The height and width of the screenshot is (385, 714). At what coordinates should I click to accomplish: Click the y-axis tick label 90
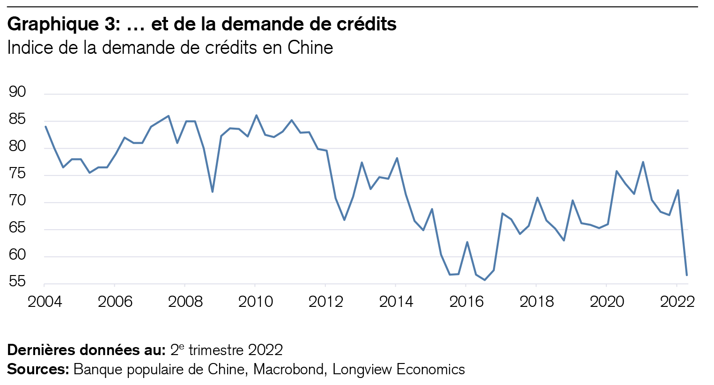click(x=17, y=92)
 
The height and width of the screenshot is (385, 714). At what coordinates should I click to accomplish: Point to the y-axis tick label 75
click(x=17, y=174)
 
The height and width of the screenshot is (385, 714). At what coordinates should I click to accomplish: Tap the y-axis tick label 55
click(x=17, y=282)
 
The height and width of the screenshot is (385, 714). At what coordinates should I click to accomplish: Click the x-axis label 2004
click(x=44, y=302)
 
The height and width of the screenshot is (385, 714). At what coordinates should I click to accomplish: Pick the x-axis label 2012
click(x=326, y=302)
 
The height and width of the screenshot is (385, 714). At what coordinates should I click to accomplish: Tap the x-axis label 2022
click(x=677, y=302)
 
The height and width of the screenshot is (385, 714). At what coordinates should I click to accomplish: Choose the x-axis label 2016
click(x=466, y=302)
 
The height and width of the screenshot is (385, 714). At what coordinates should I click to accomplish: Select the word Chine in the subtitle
click(x=310, y=48)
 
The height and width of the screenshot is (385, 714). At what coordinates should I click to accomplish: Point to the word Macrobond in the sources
click(x=288, y=370)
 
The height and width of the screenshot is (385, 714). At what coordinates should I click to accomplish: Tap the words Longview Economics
click(x=398, y=370)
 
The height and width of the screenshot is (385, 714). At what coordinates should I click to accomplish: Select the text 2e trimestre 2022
click(x=226, y=350)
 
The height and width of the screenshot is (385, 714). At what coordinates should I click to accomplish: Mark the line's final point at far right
click(x=686, y=275)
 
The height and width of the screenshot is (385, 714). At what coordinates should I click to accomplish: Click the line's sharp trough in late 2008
click(x=213, y=192)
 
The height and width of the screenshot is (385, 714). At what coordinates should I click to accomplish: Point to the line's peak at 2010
click(x=256, y=115)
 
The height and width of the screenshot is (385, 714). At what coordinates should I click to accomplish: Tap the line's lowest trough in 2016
click(x=485, y=280)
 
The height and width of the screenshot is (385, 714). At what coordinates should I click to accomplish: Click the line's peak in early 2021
click(x=643, y=162)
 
